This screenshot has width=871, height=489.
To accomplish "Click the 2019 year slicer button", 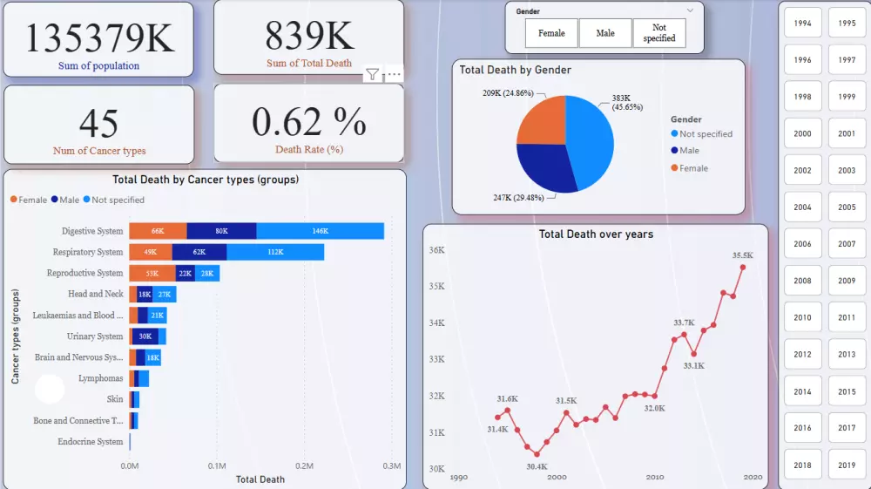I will coord(847,465).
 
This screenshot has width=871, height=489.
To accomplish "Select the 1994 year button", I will coord(802,24).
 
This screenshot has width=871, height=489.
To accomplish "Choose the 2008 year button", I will coord(802,281).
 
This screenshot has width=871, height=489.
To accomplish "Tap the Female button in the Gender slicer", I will coord(551,33).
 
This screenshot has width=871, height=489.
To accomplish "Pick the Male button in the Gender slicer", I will coord(605,33).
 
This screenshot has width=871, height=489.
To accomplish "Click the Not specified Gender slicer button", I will coord(659,33).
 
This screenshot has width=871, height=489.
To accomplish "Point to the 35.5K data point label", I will coord(743,255).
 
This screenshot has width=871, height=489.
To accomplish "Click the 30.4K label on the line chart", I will coord(537,466).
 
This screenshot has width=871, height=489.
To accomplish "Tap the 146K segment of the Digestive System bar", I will coord(320,231).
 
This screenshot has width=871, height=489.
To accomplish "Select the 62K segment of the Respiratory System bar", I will coord(199,252).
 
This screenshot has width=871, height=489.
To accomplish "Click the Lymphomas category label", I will coord(101,378).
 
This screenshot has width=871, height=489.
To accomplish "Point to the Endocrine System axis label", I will coord(91,442).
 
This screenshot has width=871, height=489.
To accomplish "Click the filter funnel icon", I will coord(372,74).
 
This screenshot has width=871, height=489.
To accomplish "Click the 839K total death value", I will coord(309,36).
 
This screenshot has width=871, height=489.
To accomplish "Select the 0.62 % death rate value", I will coord(309,121).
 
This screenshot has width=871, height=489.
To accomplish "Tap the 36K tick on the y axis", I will coord(437,250).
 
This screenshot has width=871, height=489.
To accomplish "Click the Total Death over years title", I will coord(596,234).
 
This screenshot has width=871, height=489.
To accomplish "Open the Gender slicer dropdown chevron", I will coord(690,10).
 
